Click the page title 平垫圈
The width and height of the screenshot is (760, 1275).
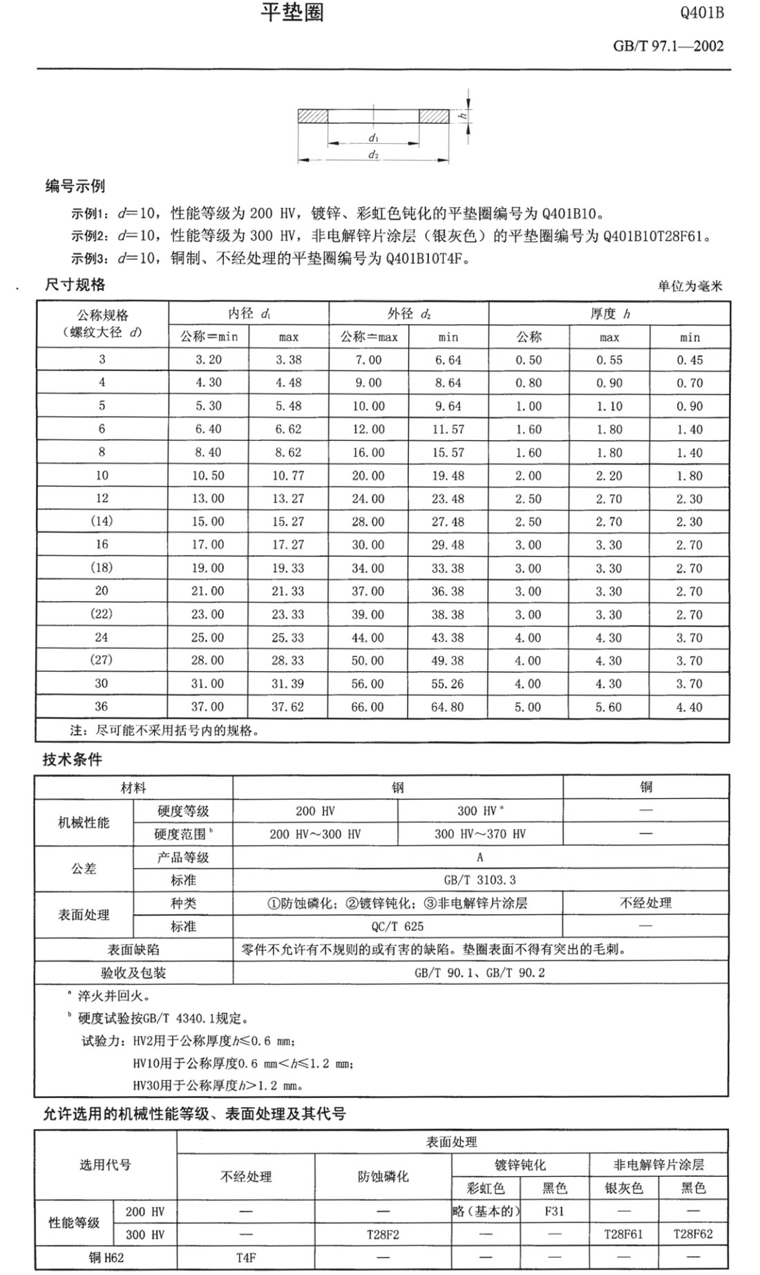pyautogui.click(x=292, y=12)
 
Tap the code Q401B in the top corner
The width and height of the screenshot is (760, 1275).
pyautogui.click(x=702, y=13)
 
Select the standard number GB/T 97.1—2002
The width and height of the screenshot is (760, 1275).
pyautogui.click(x=668, y=46)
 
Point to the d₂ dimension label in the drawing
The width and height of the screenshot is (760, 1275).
pyautogui.click(x=373, y=155)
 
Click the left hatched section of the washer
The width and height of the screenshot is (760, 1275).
pyautogui.click(x=312, y=116)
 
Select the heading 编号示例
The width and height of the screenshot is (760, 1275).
pyautogui.click(x=75, y=186)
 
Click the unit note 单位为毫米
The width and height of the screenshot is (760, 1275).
pyautogui.click(x=690, y=286)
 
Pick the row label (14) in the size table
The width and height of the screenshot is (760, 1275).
pyautogui.click(x=102, y=521)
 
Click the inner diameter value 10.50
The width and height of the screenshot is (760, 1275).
pyautogui.click(x=208, y=475)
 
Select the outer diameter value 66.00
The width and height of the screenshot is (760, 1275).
pyautogui.click(x=368, y=707)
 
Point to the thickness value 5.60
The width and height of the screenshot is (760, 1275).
pyautogui.click(x=609, y=707)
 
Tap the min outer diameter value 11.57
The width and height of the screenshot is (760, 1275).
pyautogui.click(x=448, y=429)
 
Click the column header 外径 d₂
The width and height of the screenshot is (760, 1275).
pyautogui.click(x=408, y=314)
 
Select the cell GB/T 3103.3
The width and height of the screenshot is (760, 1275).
pyautogui.click(x=479, y=880)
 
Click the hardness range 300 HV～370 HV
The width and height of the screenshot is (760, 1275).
pyautogui.click(x=479, y=834)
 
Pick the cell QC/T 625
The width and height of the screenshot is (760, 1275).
pyautogui.click(x=397, y=926)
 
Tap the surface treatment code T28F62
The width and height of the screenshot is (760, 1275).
pyautogui.click(x=692, y=1234)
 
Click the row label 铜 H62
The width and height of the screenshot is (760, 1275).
pyautogui.click(x=106, y=1257)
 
